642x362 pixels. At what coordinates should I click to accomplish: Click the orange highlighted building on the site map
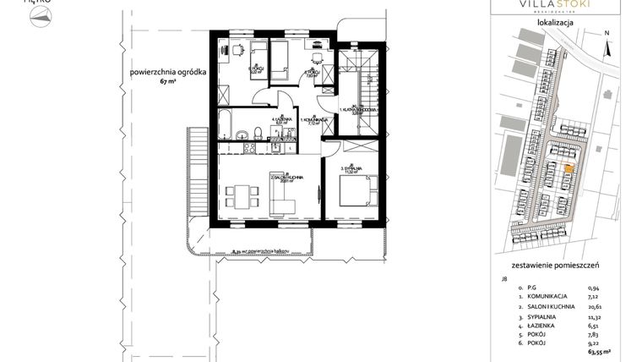567,168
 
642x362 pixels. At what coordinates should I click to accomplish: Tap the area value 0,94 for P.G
620,288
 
